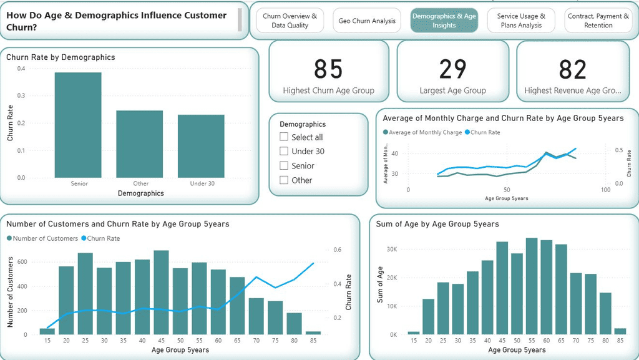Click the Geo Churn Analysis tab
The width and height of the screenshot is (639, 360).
coord(367,21)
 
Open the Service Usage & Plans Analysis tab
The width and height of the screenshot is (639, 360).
coord(521,21)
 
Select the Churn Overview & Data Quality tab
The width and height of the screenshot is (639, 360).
coord(290,21)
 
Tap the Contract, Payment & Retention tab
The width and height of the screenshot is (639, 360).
coord(598,21)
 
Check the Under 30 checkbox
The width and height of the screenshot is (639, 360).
coord(284,151)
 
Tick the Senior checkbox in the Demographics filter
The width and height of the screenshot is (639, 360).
coord(284,165)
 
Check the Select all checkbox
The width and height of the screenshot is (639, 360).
coord(284,137)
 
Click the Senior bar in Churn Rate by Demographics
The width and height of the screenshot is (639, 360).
coord(78,125)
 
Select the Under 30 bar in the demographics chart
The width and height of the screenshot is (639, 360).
coord(200,147)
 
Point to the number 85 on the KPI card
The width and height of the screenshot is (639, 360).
coord(328,69)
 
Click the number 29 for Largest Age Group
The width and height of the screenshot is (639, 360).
coord(452,69)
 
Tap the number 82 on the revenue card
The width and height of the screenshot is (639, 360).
coord(572,69)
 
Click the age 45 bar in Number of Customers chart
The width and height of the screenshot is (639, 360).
coord(162,293)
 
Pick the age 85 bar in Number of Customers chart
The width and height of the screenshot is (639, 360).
coord(314,333)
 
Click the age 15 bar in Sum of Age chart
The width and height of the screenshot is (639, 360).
coord(414,333)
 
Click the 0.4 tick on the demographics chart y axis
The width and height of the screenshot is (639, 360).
coord(21,69)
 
